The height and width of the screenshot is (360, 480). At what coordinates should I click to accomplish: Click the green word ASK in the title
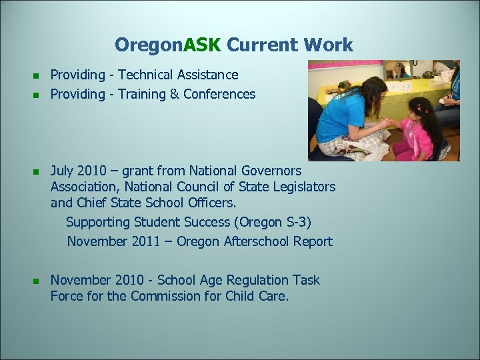(x=203, y=45)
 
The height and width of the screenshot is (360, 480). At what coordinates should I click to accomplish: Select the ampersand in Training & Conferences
(x=174, y=94)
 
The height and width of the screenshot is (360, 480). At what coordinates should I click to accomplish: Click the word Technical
(x=147, y=75)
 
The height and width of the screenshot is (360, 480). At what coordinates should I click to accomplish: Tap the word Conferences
(x=219, y=94)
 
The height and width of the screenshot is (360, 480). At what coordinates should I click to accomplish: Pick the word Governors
(x=273, y=171)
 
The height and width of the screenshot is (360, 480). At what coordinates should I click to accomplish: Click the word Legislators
(x=303, y=187)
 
